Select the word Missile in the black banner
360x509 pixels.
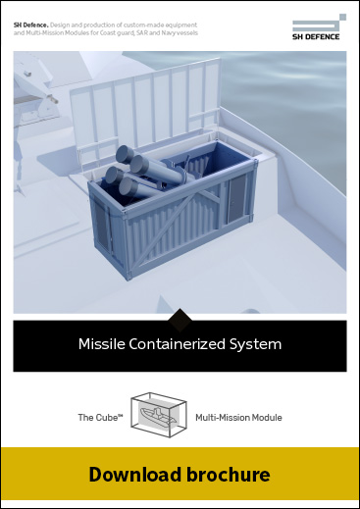pyautogui.click(x=100, y=344)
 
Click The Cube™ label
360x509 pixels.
pyautogui.click(x=99, y=418)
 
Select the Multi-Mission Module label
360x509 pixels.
pyautogui.click(x=238, y=418)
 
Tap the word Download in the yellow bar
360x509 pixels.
pyautogui.click(x=132, y=476)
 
